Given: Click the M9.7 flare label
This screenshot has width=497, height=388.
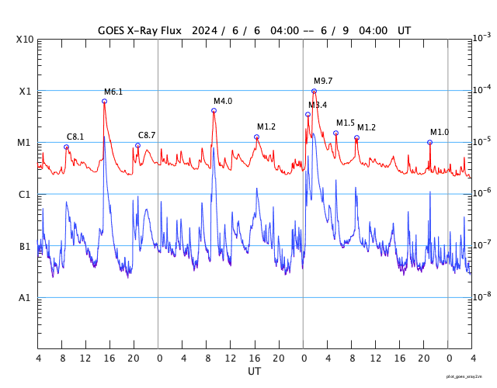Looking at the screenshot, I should [x=323, y=81].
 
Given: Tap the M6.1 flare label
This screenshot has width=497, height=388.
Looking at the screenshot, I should [x=113, y=92].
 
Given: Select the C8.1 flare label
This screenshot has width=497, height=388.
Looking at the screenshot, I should [x=75, y=137].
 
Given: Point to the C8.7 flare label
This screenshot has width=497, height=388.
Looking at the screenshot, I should [x=147, y=136].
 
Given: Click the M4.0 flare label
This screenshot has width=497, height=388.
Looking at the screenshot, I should [x=223, y=102].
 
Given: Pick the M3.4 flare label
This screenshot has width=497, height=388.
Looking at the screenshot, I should [x=318, y=106].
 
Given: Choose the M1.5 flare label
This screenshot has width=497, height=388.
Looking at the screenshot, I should [x=346, y=123].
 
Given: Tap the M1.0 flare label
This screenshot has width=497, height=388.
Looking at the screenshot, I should [x=440, y=132].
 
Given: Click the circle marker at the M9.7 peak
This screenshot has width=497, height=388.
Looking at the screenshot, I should [x=314, y=91].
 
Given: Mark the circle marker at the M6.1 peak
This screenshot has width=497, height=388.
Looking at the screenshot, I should [x=104, y=102].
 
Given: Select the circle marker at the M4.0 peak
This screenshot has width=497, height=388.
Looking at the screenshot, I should [x=214, y=110].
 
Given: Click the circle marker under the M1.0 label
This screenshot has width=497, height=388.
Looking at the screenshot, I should [x=429, y=142].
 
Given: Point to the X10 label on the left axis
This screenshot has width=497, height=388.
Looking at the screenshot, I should [x=25, y=40].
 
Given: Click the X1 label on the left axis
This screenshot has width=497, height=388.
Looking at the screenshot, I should [x=25, y=92].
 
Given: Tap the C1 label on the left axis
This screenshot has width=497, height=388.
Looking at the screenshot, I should [x=25, y=195].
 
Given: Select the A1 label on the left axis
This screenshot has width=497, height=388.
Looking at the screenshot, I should [x=25, y=298].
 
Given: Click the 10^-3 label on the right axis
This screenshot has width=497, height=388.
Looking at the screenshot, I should [x=481, y=37].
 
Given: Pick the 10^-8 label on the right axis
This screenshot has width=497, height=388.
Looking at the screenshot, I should [x=481, y=296].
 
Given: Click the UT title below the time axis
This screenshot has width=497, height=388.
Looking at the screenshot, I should [x=255, y=372].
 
